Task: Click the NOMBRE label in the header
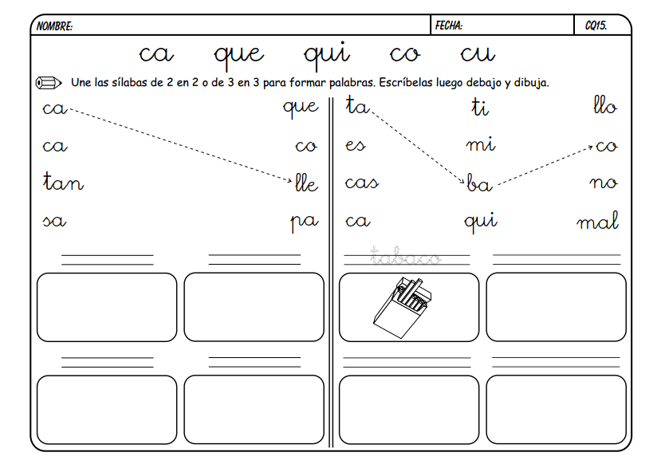tap(55, 26)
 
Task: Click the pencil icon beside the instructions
tap(49, 82)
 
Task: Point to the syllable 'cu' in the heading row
tap(478, 54)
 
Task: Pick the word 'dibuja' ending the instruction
tap(531, 82)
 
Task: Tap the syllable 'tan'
tap(63, 183)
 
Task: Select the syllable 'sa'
tap(54, 222)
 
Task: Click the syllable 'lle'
tap(306, 185)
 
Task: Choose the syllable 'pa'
tap(304, 222)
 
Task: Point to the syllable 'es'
tap(356, 147)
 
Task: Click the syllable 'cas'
tap(361, 184)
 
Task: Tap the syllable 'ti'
tap(479, 108)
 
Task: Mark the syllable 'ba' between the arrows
tap(479, 185)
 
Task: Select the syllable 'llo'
tap(605, 106)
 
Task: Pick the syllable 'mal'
tap(598, 222)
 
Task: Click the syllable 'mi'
tap(481, 145)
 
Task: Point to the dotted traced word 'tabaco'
tap(405, 257)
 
